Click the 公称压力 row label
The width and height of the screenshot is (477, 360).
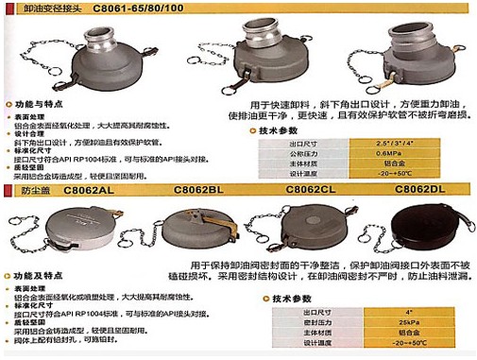coord(281,151)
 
